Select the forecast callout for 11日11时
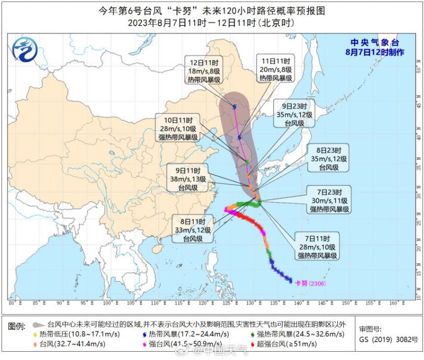tap(275, 69)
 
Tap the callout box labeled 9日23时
tap(295, 115)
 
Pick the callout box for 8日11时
tap(192, 230)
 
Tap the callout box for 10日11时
tap(178, 129)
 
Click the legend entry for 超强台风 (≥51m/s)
tap(282, 344)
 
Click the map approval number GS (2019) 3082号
tap(387, 340)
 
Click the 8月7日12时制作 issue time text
tap(374, 52)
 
